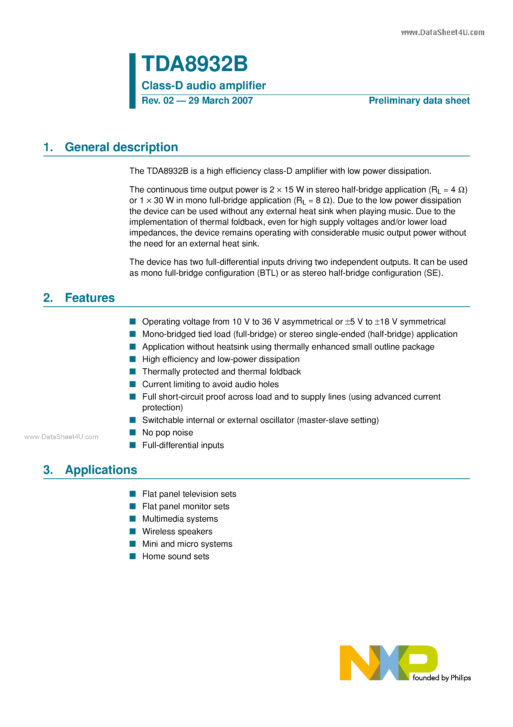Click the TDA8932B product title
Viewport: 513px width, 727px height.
coord(194,64)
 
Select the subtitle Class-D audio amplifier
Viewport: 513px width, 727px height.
coord(203,86)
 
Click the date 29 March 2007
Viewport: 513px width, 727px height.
coord(220,100)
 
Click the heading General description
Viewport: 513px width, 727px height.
coord(121,147)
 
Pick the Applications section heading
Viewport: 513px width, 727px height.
coord(101,470)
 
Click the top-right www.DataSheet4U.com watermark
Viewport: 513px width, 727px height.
coord(442,32)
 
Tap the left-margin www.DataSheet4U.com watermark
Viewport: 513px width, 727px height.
coord(61,437)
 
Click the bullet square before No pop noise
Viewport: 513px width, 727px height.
coord(133,433)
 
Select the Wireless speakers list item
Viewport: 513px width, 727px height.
coord(177,531)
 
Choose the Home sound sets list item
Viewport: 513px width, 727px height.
coord(176,556)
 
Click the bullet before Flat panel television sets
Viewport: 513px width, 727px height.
coord(133,494)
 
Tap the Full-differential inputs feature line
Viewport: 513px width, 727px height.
coord(183,445)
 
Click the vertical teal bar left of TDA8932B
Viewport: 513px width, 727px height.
coord(132,81)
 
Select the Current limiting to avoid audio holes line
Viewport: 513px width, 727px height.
coord(210,384)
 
